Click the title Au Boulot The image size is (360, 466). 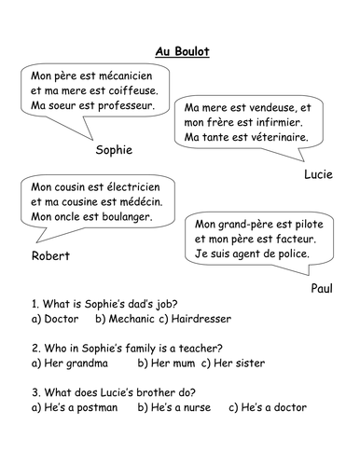(x=180, y=51)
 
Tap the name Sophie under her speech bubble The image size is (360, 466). (x=115, y=149)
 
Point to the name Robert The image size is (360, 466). (x=52, y=255)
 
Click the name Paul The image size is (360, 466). (x=323, y=290)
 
